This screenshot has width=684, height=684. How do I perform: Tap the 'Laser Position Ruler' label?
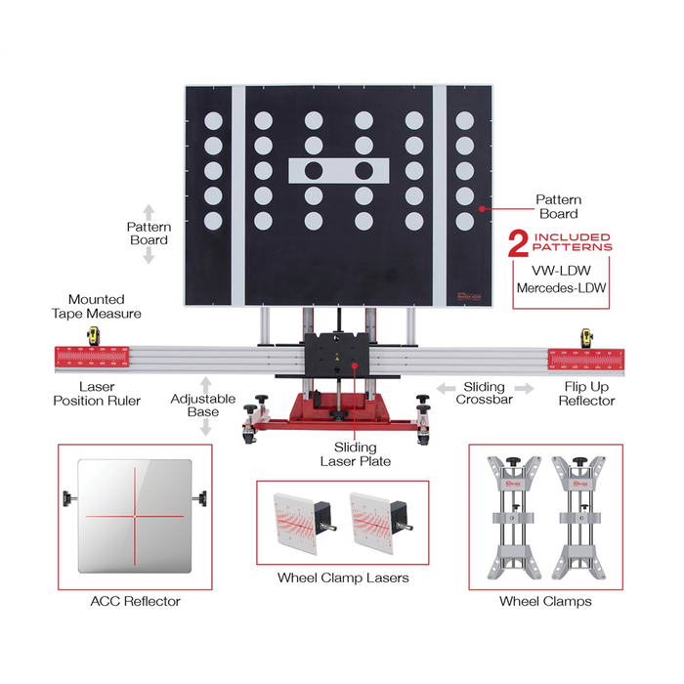98,393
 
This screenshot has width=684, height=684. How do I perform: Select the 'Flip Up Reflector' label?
587,393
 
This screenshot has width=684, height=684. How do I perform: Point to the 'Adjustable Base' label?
203,406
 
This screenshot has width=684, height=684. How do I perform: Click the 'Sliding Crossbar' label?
484,393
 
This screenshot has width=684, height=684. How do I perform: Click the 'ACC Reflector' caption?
134,601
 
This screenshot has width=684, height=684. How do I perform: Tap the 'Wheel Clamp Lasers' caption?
342,577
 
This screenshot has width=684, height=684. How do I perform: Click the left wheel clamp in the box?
516,514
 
